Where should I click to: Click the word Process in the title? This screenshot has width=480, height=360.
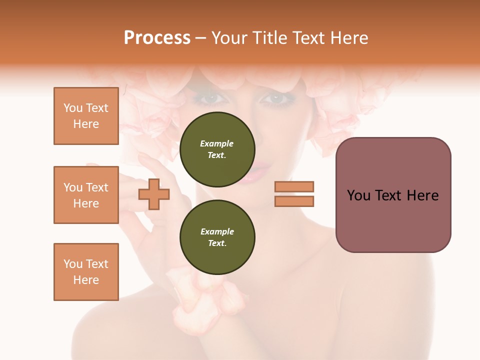tap(157, 38)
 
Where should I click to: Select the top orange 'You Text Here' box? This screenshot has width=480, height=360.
tap(86, 116)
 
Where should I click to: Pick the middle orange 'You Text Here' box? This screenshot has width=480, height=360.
tap(86, 195)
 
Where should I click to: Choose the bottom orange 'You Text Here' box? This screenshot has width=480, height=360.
tap(86, 272)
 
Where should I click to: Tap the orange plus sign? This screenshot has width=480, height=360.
tap(154, 193)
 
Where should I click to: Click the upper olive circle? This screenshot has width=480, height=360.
tap(217, 149)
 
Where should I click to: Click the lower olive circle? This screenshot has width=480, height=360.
tap(217, 237)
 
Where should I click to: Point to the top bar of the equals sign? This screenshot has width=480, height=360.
tap(294, 186)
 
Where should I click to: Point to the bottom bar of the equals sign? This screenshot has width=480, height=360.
tap(294, 201)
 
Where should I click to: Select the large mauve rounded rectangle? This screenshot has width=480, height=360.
tap(393, 195)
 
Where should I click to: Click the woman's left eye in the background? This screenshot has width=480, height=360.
tap(276, 98)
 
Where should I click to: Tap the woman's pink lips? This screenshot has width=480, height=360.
tap(250, 175)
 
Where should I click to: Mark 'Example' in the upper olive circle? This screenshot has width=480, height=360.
tap(217, 143)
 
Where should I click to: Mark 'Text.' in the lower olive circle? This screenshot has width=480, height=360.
tap(217, 243)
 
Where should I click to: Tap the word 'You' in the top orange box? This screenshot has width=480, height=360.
tap(72, 108)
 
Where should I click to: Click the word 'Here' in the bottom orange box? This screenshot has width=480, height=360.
tap(86, 280)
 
